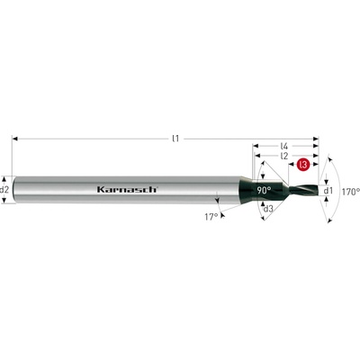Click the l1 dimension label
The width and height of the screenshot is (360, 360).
point(175,139)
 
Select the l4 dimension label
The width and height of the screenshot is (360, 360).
point(284,147)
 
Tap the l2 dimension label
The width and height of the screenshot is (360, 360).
point(283,156)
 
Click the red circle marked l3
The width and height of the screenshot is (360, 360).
point(303,165)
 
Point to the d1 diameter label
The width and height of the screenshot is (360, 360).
point(328,190)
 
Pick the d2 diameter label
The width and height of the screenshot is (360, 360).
point(4,190)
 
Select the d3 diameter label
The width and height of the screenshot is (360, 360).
point(268,209)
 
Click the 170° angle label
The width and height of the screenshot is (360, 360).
point(351,192)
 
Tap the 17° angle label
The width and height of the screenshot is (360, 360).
point(211,217)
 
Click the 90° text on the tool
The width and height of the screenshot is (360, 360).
point(264,190)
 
